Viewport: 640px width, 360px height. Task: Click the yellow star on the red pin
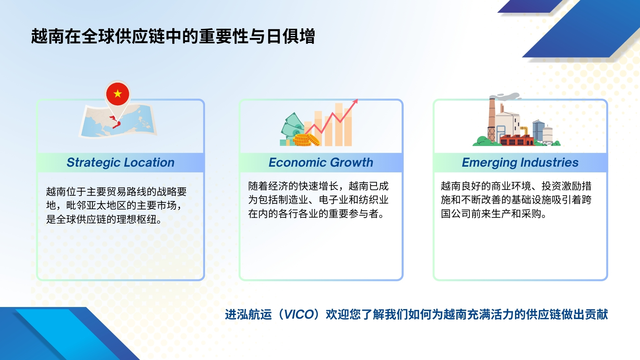coord(118,94)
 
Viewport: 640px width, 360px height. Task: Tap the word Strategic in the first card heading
coord(93,163)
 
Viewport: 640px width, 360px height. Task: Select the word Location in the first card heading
coord(149,162)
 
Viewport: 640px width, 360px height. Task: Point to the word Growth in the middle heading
coord(352,162)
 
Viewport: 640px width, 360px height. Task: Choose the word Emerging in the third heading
coord(489,163)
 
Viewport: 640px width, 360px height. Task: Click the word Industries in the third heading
coord(549,162)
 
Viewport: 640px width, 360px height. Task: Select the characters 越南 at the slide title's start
coord(48,36)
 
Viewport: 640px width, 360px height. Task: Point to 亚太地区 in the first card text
coord(106,205)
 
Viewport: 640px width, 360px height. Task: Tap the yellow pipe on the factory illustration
coord(524,131)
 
